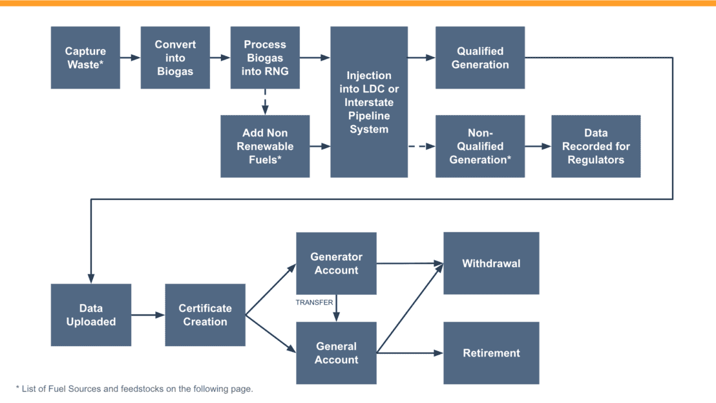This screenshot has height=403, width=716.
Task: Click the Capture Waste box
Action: [85, 58]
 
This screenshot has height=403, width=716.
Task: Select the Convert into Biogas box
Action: [175, 58]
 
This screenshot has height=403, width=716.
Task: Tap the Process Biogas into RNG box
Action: [265, 58]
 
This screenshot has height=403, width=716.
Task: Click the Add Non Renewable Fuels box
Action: [265, 146]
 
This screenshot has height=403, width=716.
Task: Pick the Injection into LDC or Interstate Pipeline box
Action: [369, 102]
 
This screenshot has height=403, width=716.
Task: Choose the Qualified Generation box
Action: [480, 58]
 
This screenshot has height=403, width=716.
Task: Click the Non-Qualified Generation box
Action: [480, 146]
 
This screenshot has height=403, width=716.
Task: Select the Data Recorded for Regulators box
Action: [596, 146]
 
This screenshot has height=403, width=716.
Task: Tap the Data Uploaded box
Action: [91, 315]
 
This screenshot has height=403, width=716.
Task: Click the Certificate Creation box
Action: [205, 315]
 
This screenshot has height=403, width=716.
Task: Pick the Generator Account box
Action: [336, 263]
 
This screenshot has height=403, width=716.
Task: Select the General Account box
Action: [336, 353]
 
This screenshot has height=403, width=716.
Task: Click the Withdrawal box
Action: [491, 263]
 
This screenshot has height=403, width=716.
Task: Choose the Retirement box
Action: [491, 353]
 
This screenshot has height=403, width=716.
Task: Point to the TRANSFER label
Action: [315, 302]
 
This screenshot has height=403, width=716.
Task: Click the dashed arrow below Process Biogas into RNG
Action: [265, 102]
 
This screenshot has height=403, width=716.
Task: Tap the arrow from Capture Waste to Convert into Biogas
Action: [130, 58]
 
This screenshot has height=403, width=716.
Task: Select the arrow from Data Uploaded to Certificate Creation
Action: [148, 315]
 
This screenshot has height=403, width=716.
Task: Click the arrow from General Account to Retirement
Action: [410, 353]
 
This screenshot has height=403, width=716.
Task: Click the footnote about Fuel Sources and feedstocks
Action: [134, 389]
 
